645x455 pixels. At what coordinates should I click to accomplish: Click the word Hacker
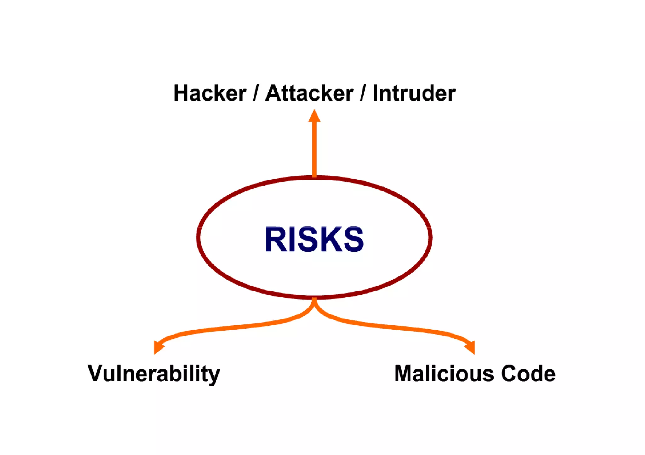coord(210,93)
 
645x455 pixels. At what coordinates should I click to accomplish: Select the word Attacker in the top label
coord(309,93)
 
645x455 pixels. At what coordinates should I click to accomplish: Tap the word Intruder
coord(414,93)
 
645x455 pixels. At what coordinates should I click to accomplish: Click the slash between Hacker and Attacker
coord(255,93)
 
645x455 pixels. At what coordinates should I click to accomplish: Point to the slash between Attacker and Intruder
coord(363,93)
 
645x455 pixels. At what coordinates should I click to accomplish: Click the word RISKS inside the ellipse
coord(314,239)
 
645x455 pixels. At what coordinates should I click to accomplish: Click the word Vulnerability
coord(154,374)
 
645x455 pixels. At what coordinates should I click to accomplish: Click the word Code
coord(528,374)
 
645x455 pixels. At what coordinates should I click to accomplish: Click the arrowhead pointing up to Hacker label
coord(314,116)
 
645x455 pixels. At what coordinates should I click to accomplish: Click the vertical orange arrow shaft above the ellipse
coord(314,148)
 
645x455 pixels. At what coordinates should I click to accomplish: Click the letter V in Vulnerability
coord(95,374)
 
